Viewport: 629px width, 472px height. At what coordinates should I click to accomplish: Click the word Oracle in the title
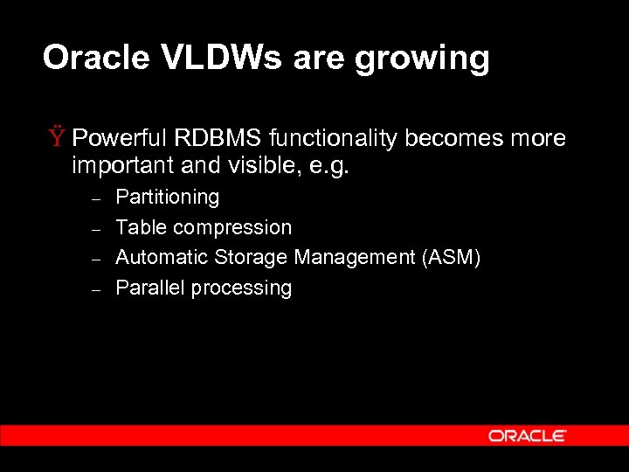(x=97, y=59)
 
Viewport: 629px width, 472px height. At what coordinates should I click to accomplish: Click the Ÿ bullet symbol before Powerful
(x=57, y=138)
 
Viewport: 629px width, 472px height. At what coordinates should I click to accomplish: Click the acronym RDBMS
(x=219, y=138)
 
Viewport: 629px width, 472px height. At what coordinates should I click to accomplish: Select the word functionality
(x=333, y=139)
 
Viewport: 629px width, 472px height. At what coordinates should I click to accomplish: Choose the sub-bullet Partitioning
(x=167, y=198)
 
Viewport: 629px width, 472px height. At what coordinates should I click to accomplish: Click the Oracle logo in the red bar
(x=527, y=435)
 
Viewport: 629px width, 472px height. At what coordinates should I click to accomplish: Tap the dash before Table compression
(x=98, y=229)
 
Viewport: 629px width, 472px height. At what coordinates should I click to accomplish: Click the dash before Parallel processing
(x=98, y=289)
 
